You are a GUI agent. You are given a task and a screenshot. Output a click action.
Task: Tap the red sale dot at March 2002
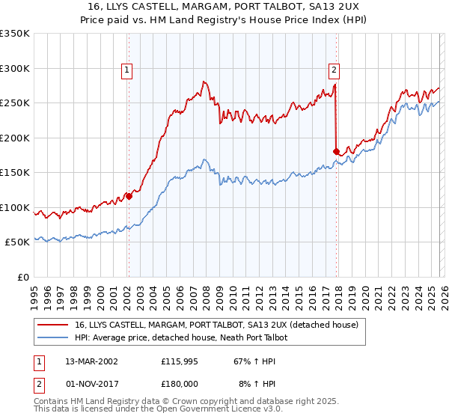(129, 197)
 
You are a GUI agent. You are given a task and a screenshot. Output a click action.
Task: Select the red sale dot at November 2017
(336, 152)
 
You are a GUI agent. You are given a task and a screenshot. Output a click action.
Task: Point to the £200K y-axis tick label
(14, 138)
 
